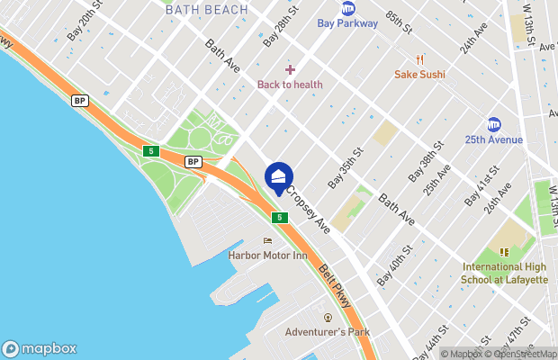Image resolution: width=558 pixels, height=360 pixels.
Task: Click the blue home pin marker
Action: coord(279,175)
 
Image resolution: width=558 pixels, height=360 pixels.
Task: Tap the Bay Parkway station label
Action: coord(347,22)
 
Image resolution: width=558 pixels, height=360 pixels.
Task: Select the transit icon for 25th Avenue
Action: coord(494,124)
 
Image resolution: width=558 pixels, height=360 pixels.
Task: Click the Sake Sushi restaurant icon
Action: coord(419,60)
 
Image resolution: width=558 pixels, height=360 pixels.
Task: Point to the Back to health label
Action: coord(290,85)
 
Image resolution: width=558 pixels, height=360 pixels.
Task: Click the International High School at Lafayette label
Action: coord(505,273)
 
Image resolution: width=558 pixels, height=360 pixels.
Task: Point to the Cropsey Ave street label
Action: coord(308,210)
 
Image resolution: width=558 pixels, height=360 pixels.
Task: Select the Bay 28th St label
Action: coord(281,29)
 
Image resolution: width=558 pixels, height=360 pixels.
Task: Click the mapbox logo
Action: coord(40,349)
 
